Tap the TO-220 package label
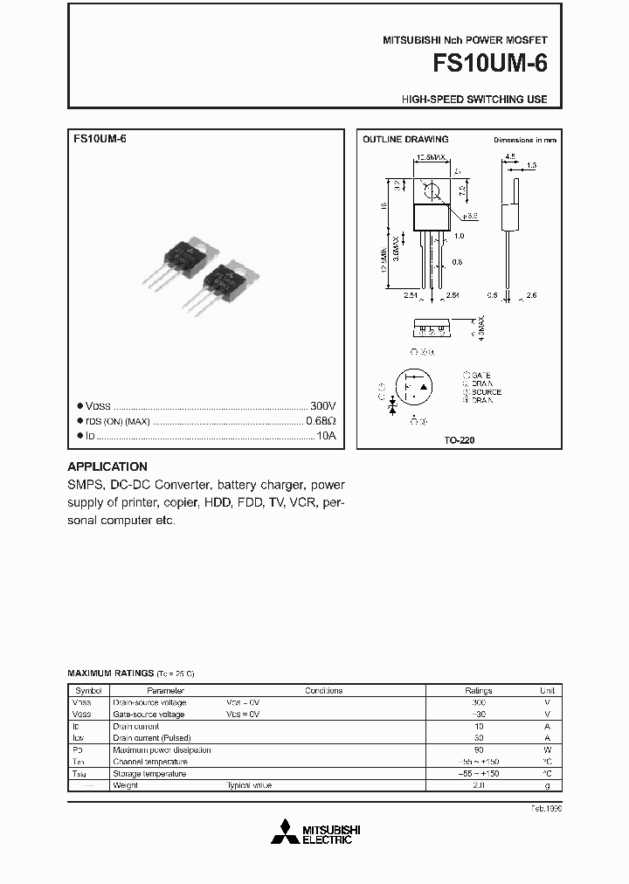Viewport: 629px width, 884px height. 460,440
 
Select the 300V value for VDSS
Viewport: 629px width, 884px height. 322,406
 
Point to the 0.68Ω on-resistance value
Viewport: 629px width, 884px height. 321,421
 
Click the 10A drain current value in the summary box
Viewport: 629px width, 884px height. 326,435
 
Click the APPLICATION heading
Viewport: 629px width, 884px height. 107,466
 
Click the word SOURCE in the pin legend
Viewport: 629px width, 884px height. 486,392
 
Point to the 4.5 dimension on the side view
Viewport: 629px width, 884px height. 509,158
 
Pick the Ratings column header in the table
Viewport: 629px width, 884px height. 478,690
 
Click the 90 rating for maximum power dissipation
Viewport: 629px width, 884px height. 478,749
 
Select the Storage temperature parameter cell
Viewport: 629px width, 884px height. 149,774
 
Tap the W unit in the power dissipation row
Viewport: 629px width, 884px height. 548,749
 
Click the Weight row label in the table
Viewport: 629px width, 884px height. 127,785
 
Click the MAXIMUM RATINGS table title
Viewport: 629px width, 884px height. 110,673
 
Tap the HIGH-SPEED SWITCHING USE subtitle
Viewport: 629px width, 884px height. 474,100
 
